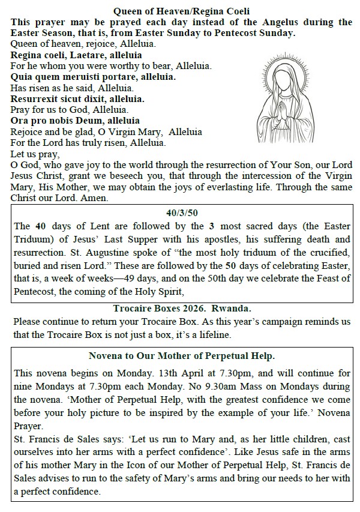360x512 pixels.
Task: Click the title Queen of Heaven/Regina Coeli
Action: [181, 11]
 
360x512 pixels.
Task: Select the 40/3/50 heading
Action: [181, 212]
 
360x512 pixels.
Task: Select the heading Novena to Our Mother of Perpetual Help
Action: [181, 354]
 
